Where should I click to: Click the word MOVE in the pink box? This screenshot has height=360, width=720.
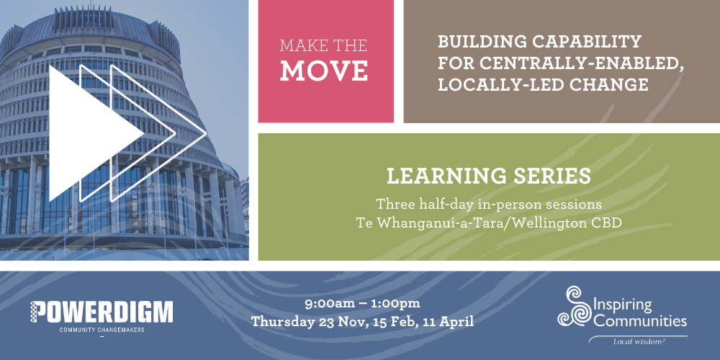pyautogui.click(x=324, y=71)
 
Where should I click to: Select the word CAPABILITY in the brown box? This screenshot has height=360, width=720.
pyautogui.click(x=590, y=42)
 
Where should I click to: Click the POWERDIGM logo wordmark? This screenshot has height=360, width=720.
pyautogui.click(x=102, y=312)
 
